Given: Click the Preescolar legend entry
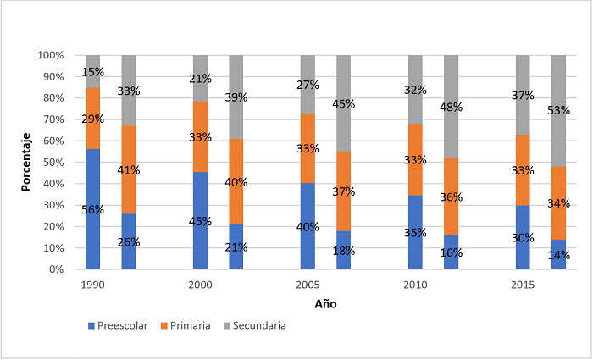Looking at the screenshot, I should tap(121, 325).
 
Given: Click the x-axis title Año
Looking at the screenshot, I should tap(324, 303).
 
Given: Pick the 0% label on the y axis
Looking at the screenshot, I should tap(54, 269).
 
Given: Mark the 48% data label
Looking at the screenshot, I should tap(451, 108).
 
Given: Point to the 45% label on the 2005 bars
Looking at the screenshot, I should tap(344, 104).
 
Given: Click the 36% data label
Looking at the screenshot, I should tap(451, 197).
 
